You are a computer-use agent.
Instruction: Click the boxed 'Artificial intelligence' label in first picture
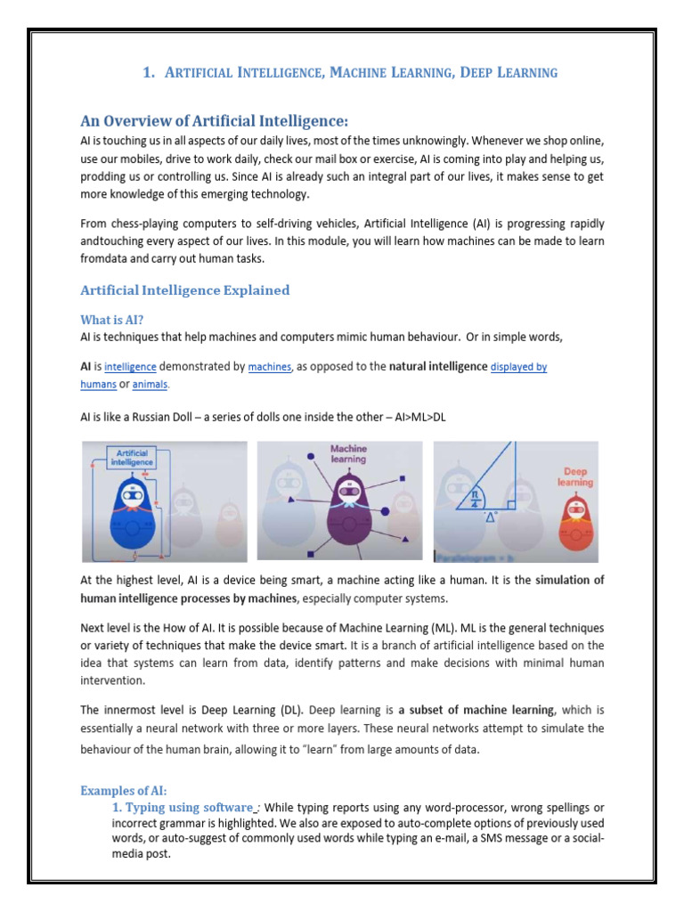pos(132,457)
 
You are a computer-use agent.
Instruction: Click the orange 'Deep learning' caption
pos(575,476)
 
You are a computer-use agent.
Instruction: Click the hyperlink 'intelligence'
pos(130,367)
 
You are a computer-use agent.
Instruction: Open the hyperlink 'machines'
pos(269,367)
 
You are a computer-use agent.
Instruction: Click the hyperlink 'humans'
pos(98,385)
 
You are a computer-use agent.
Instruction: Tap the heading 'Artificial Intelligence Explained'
pos(184,289)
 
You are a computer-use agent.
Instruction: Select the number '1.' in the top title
pos(149,73)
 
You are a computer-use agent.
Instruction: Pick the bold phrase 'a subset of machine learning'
pos(476,710)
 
